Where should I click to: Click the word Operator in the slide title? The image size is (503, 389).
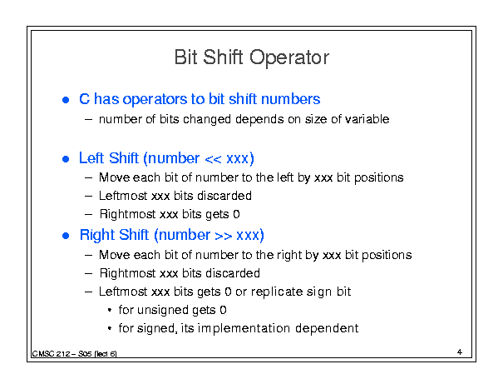[x=289, y=57]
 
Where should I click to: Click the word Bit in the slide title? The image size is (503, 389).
[x=185, y=57]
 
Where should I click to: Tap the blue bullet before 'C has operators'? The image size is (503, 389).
[x=66, y=100]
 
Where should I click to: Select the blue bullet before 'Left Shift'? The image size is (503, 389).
[x=66, y=159]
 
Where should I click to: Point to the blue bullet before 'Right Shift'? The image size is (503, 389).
[x=66, y=236]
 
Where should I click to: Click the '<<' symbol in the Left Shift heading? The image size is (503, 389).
[x=213, y=159]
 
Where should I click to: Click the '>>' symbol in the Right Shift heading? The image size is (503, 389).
[x=224, y=236]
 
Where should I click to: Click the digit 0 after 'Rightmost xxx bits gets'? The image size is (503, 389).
[x=236, y=214]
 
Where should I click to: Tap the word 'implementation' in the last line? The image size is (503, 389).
[x=244, y=328]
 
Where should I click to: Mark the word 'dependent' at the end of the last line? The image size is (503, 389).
[x=327, y=328]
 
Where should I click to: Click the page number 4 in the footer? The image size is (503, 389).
[x=460, y=352]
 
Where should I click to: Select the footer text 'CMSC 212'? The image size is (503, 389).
[x=51, y=354]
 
